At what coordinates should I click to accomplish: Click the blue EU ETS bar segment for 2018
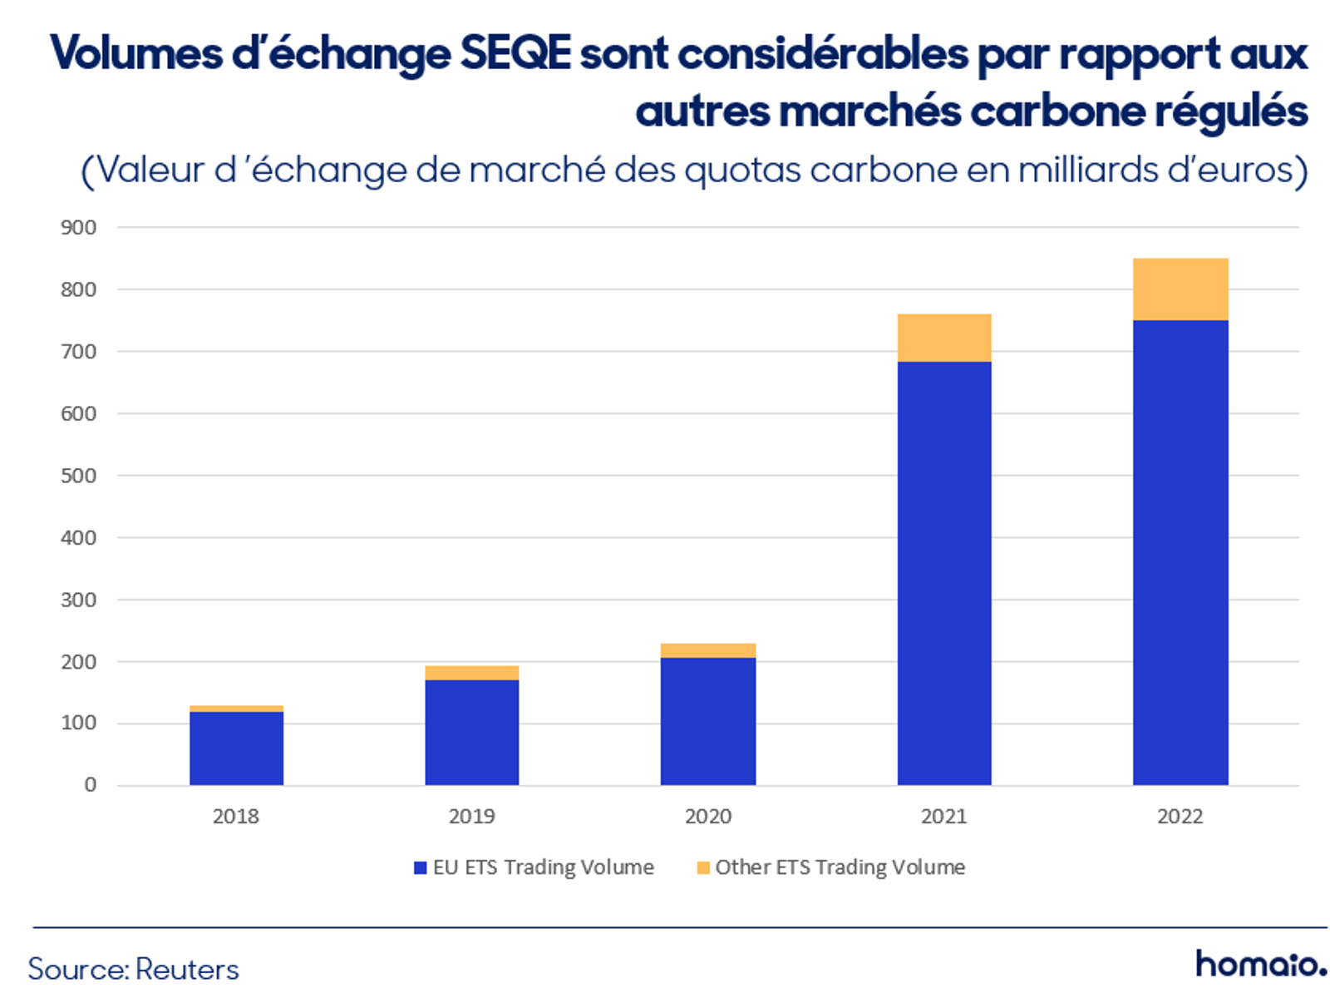tap(236, 748)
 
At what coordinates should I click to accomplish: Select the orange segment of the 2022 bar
tap(1180, 289)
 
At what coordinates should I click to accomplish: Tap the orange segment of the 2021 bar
tap(944, 338)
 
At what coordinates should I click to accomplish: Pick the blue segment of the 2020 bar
tap(707, 721)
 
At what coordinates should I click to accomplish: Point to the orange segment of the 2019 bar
tap(472, 673)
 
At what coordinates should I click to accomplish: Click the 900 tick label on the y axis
tap(79, 228)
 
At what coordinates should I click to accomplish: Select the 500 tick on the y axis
tap(79, 476)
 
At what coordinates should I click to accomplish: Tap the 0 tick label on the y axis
tap(91, 785)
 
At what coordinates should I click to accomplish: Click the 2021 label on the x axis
tap(944, 816)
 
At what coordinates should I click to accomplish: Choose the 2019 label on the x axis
tap(472, 816)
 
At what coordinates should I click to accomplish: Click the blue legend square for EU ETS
tap(420, 867)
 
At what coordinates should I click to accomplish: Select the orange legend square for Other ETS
tap(703, 867)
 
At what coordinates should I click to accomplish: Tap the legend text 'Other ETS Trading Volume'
tap(840, 867)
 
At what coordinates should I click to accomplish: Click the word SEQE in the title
tap(515, 52)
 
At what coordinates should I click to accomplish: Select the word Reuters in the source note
tap(187, 969)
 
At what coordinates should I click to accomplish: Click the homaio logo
tap(1260, 963)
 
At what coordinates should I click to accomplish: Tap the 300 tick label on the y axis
tap(79, 600)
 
